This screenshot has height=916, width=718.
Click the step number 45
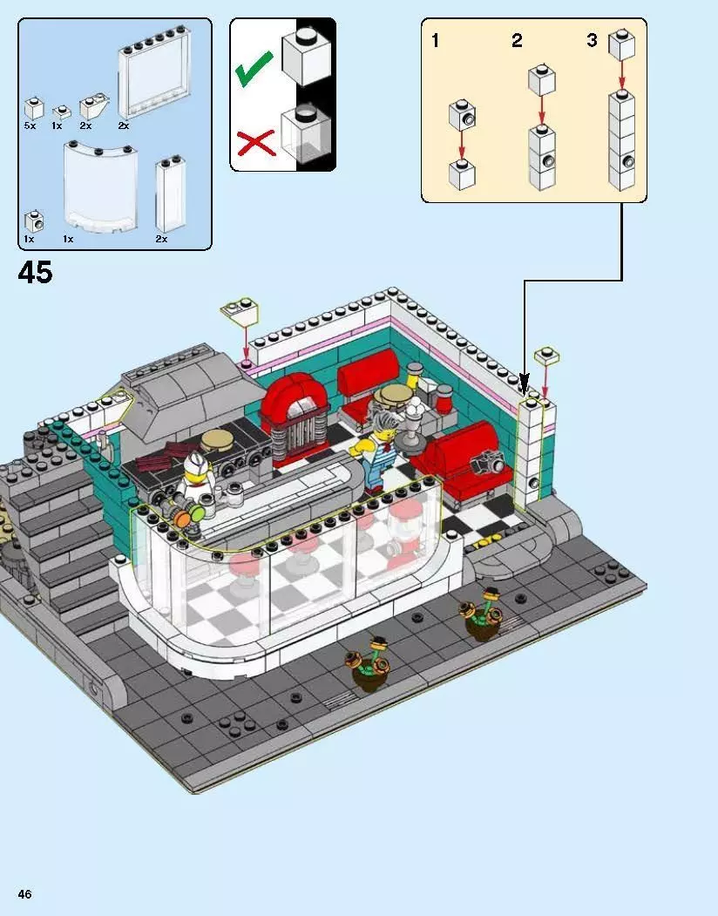(35, 273)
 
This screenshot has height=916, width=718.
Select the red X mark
(255, 142)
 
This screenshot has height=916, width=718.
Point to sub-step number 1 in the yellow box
(436, 40)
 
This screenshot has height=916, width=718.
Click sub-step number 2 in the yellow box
(517, 40)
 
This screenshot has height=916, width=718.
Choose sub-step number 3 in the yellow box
(593, 40)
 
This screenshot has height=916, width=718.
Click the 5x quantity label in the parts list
(30, 126)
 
